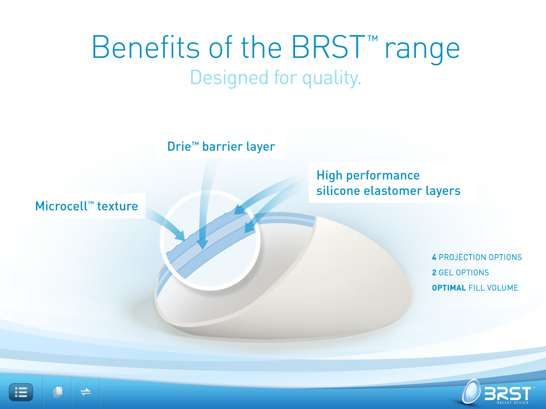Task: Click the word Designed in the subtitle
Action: click(x=229, y=77)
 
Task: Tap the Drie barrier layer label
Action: click(x=221, y=146)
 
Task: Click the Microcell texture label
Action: click(x=87, y=206)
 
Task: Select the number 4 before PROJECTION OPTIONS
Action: click(x=434, y=257)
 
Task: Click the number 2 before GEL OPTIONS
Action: click(x=434, y=273)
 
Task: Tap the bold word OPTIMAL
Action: click(x=449, y=288)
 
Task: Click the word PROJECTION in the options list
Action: click(x=463, y=257)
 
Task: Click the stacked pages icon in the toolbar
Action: click(x=58, y=392)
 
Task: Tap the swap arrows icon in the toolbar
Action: click(x=86, y=392)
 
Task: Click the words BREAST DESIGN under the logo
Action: click(x=513, y=403)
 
